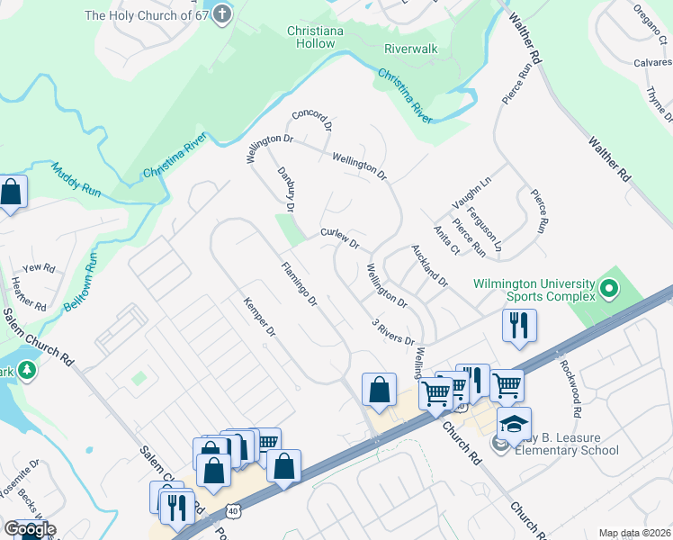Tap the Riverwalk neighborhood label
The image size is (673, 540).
click(410, 48)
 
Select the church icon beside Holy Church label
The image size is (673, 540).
click(222, 15)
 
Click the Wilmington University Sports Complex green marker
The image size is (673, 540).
click(608, 290)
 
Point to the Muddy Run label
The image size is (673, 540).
click(76, 179)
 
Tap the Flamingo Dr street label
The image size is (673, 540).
click(300, 283)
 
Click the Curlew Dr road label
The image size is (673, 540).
click(340, 238)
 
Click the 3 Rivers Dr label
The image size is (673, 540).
click(393, 331)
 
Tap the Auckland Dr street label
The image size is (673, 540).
click(429, 265)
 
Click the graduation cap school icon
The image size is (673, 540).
click(514, 424)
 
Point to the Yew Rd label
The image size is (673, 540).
click(40, 268)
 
